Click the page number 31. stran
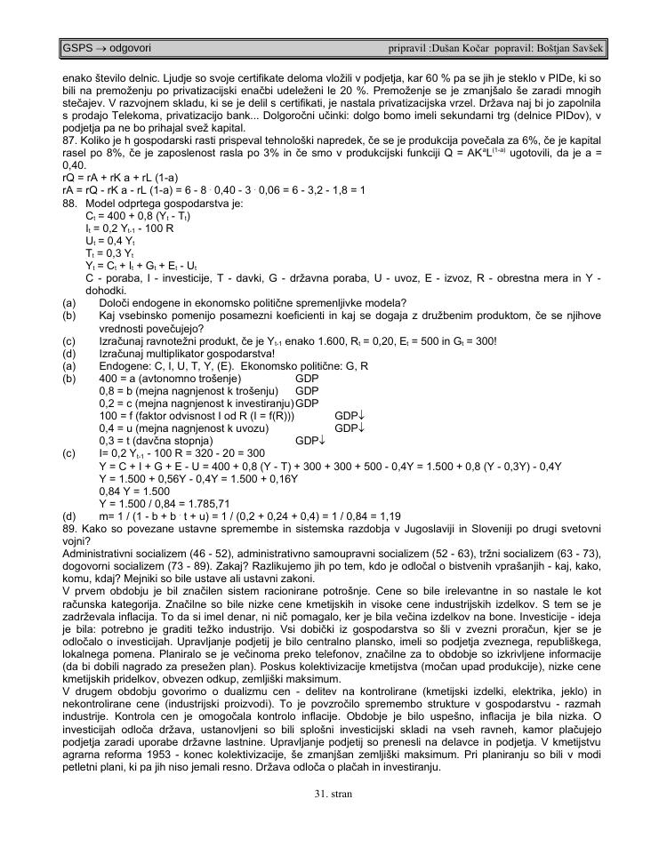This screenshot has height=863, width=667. tap(333, 794)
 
